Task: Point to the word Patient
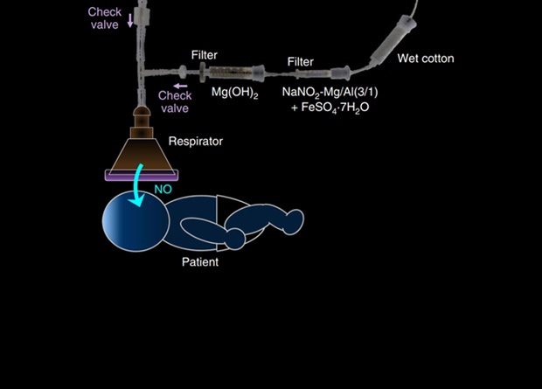[x=200, y=261]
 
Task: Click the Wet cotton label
[x=426, y=59]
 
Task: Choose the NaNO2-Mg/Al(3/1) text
[x=329, y=91]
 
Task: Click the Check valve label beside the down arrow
[x=104, y=18]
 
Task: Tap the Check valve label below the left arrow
[x=175, y=101]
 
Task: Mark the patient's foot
[x=235, y=239]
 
